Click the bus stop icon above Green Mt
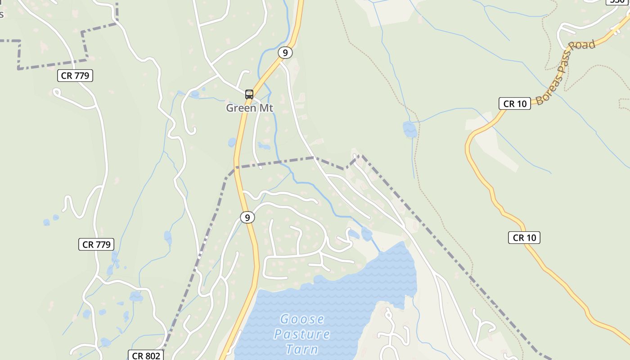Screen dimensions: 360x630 [249, 94]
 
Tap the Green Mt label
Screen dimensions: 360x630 [249, 108]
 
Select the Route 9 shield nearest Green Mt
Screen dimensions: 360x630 [285, 53]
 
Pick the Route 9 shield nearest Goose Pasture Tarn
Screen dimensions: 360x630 [247, 217]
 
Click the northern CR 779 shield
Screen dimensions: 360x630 [75, 76]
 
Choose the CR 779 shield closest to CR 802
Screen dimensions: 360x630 [96, 244]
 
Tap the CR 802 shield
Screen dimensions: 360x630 [146, 355]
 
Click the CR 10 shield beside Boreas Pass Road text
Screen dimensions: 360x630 [515, 103]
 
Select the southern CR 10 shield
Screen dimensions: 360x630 [524, 238]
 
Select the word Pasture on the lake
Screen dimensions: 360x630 [302, 334]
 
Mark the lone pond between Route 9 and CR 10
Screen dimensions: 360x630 [409, 129]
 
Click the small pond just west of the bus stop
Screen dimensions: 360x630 [195, 94]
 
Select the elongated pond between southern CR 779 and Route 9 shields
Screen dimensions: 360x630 [168, 237]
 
